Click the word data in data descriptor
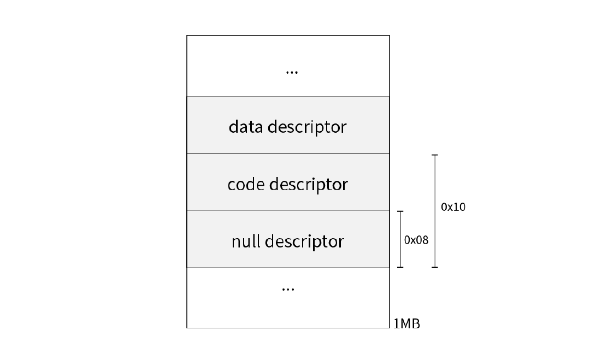[x=246, y=126]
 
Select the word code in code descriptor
[x=246, y=184]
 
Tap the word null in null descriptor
[x=246, y=241]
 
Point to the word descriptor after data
[x=307, y=127]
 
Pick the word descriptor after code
[x=309, y=185]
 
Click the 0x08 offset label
[x=416, y=240]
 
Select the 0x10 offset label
[x=453, y=207]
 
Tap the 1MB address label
[x=407, y=323]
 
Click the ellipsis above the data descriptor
[x=292, y=72]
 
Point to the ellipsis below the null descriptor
[x=288, y=290]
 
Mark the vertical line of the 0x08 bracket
[x=400, y=239]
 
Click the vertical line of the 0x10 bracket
[x=435, y=211]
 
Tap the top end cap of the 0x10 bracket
[x=435, y=155]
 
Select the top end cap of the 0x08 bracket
[x=400, y=211]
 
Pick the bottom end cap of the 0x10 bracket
[x=435, y=268]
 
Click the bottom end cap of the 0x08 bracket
[x=400, y=268]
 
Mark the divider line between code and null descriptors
[x=288, y=210]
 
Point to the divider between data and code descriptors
[x=288, y=154]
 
